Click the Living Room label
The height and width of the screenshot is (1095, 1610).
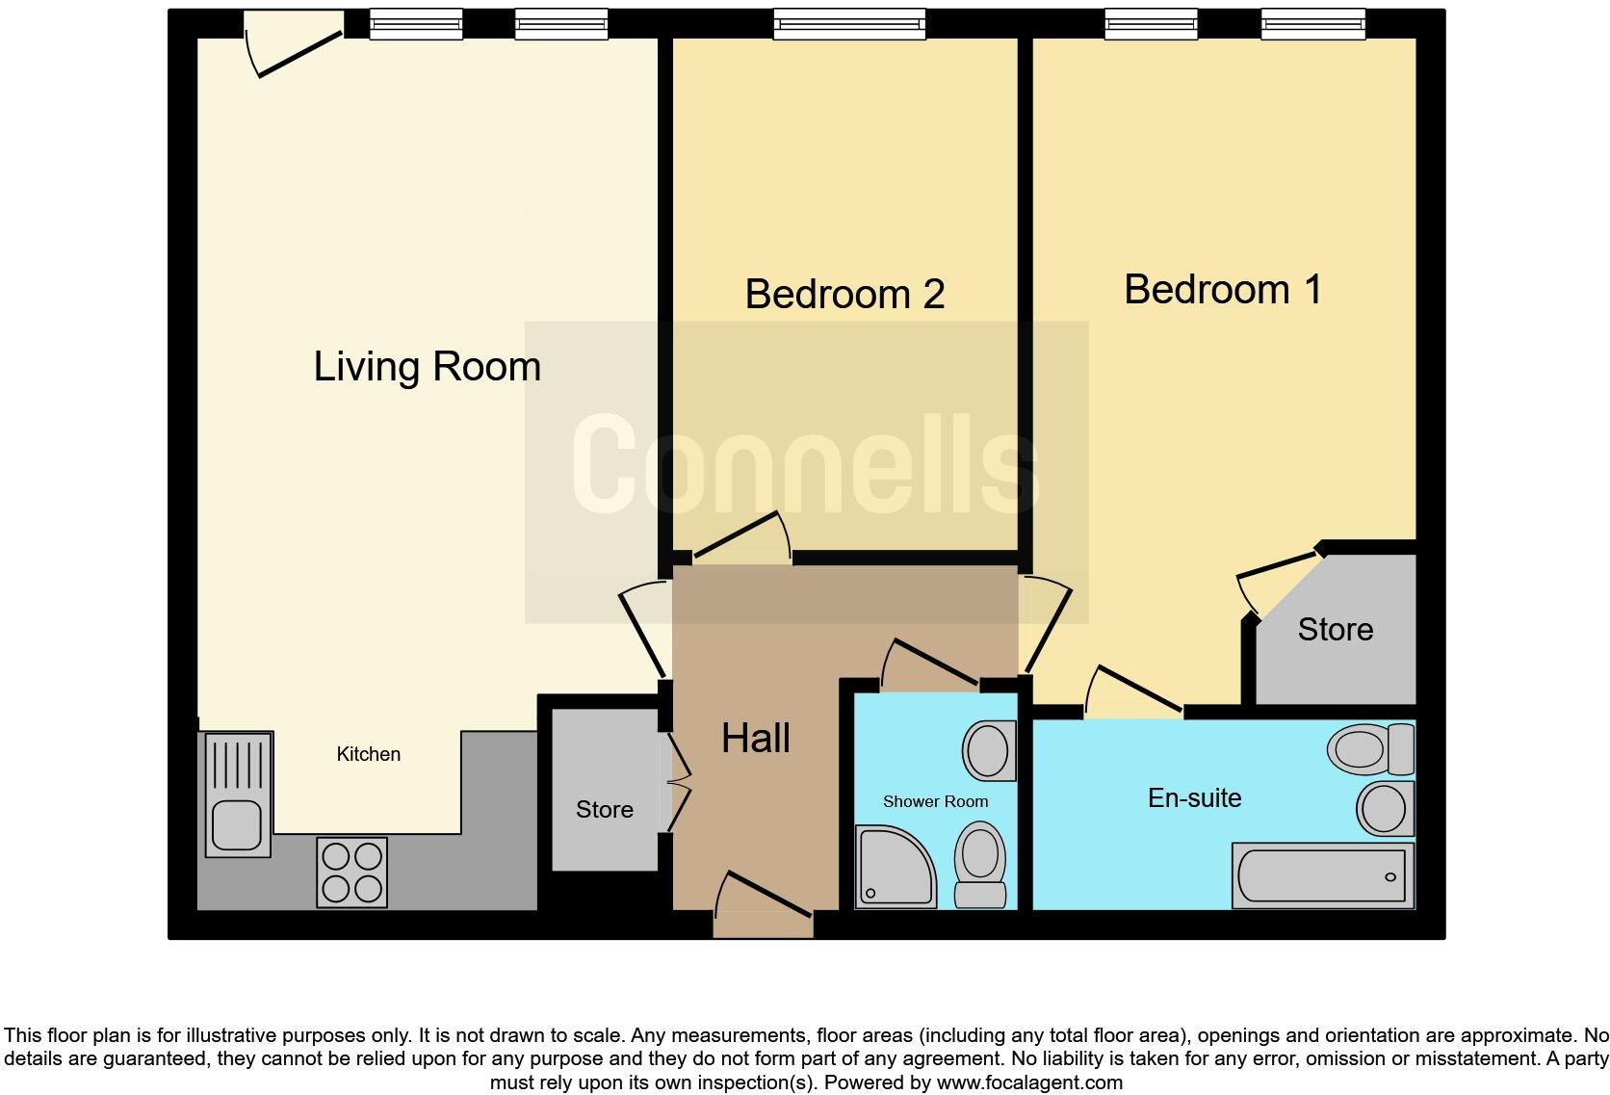[x=427, y=367]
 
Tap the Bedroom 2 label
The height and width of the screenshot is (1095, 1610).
[x=844, y=294]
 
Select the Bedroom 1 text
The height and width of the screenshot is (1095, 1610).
[x=1223, y=289]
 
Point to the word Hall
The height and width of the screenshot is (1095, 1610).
[x=756, y=739]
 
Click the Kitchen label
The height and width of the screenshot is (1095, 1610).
[x=368, y=754]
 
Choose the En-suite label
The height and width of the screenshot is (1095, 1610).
[x=1194, y=798]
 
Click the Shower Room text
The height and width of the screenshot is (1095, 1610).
[x=935, y=801]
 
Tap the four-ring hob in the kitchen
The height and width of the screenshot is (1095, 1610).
[x=351, y=873]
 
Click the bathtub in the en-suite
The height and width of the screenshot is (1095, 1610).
[x=1323, y=876]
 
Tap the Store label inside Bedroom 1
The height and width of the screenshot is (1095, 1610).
[x=1335, y=630]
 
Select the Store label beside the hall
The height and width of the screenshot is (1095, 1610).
[x=604, y=810]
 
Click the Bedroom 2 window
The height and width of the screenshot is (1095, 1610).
[x=849, y=24]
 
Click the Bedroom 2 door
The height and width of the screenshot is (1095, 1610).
[x=741, y=539]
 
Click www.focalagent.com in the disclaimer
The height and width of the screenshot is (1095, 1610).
[x=1029, y=1082]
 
